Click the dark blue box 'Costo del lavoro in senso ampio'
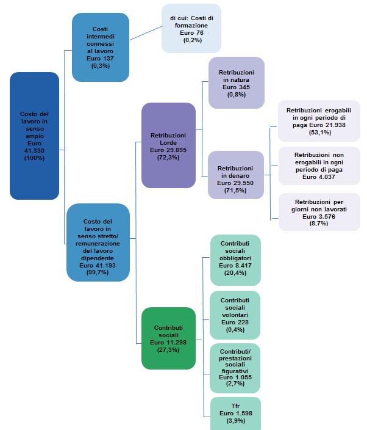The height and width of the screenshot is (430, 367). pos(34,136)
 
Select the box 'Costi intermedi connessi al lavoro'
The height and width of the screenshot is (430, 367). pos(100,47)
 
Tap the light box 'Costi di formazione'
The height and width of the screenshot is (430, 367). pos(191,29)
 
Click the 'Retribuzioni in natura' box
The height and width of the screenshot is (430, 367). pos(236,83)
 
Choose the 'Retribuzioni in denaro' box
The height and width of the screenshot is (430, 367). pos(236,174)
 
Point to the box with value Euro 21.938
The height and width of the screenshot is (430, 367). pos(319,121)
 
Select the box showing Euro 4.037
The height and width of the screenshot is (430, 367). pos(319,165)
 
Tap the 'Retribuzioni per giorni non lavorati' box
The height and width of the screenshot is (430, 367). pos(319,211)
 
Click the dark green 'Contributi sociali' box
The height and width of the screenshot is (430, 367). pos(168,338)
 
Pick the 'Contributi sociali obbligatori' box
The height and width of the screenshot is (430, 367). pos(235,260)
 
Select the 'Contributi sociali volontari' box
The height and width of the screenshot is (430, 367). pos(235,315)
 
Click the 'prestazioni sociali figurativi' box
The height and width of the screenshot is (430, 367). pos(235,368)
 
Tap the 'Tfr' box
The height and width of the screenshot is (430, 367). pos(235,413)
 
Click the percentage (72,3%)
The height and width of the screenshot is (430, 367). pos(168,157)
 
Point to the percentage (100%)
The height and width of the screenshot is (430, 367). pos(34,158)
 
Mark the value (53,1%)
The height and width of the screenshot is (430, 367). pos(319,132)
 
